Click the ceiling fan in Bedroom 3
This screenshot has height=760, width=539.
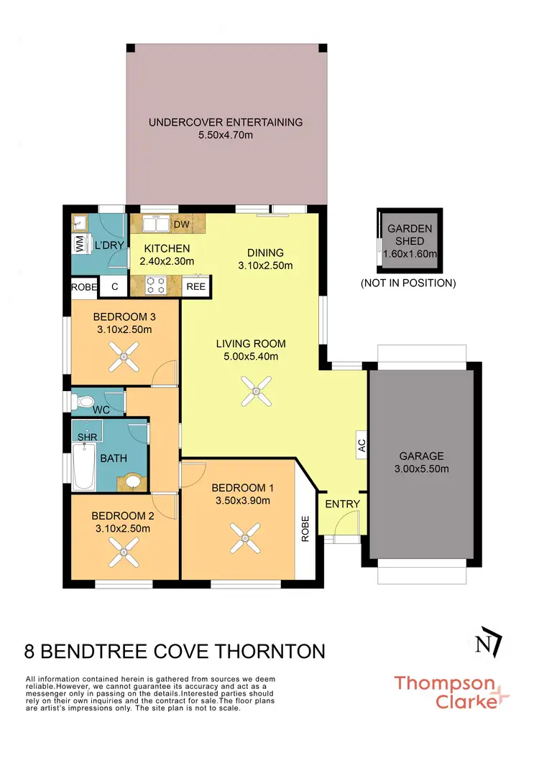tap(126, 356)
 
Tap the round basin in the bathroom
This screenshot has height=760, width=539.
tap(133, 481)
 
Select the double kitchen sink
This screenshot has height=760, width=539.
tap(155, 225)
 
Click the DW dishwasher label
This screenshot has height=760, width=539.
tap(182, 225)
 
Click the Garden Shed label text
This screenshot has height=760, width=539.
tap(410, 235)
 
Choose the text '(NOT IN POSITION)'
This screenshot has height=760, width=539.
tap(408, 283)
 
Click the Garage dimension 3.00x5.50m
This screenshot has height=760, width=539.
tap(423, 469)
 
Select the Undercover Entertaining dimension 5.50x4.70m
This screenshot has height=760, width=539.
tap(226, 135)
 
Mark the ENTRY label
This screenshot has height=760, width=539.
tap(342, 504)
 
